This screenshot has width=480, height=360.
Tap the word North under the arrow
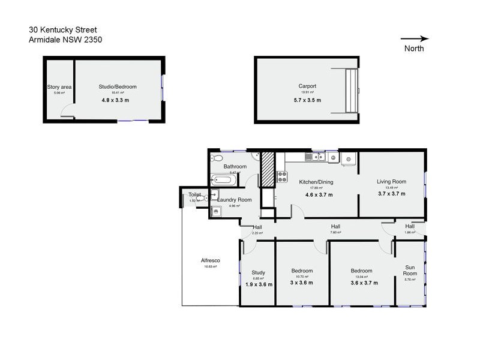(x=414, y=49)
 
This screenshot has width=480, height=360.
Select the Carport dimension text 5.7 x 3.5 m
(x=307, y=100)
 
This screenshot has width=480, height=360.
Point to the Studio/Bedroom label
(x=115, y=87)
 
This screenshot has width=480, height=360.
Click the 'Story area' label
(x=59, y=87)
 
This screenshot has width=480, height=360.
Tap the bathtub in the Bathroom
(x=224, y=180)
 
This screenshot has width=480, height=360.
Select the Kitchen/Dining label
(x=316, y=182)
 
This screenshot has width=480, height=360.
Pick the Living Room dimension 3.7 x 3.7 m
(x=391, y=194)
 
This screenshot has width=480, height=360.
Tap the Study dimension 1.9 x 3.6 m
(x=259, y=284)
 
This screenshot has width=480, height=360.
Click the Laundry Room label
(x=235, y=200)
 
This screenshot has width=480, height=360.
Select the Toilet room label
(x=194, y=194)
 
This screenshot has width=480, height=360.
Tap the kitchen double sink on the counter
(x=314, y=158)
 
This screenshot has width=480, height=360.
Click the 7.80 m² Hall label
(x=336, y=227)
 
